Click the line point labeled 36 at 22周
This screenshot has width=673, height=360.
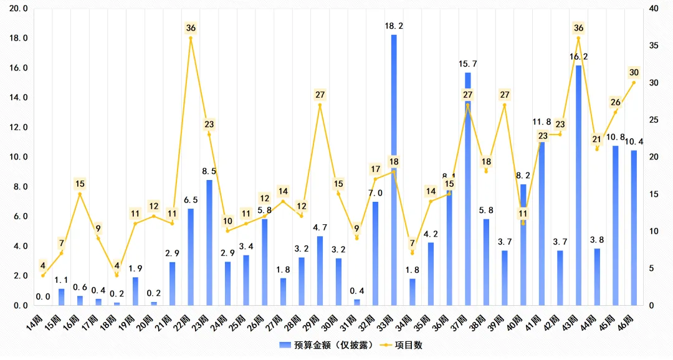point(191,39)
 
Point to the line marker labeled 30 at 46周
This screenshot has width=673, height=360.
point(634,83)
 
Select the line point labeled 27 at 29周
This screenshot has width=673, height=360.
point(320,105)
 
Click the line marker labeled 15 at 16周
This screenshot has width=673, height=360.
point(80,194)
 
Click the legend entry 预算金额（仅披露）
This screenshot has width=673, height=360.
point(330,344)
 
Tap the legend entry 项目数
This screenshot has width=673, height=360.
point(408,344)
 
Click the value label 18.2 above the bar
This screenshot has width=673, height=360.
point(394,26)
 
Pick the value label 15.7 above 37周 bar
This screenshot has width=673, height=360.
point(467,64)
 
